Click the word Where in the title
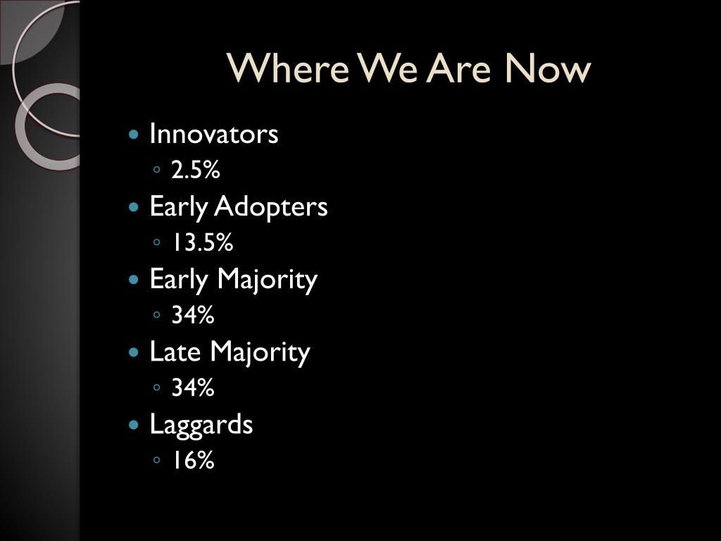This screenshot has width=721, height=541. tap(288, 68)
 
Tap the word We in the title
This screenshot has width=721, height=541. tap(388, 68)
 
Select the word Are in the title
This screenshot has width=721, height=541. tap(458, 68)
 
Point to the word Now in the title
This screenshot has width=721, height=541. tap(547, 68)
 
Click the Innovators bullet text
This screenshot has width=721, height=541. tap(214, 134)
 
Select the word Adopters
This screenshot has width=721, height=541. tap(271, 207)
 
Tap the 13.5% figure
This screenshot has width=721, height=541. tap(202, 242)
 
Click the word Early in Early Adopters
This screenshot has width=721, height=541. tap(178, 207)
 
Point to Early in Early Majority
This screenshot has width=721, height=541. tap(178, 280)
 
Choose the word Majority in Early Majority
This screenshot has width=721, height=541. tap(267, 280)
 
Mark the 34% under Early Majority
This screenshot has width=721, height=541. tap(193, 315)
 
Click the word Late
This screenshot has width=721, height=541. tap(175, 352)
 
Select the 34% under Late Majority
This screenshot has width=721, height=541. tap(193, 387)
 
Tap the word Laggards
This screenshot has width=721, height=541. tap(201, 425)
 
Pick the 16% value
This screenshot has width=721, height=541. tap(193, 460)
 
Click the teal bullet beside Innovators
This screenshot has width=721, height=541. tap(134, 135)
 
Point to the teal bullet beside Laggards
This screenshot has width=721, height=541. tap(134, 425)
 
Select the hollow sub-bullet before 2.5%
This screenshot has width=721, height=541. tap(157, 170)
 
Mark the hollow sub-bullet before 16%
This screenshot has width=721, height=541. tap(157, 459)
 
